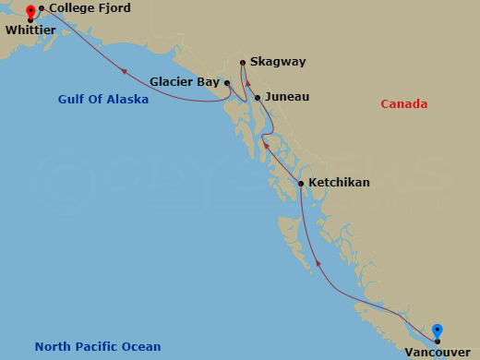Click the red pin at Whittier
(30, 12)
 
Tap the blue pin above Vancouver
(438, 330)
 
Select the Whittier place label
(30, 30)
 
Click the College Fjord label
(90, 8)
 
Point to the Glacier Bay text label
(184, 81)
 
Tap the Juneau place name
(286, 96)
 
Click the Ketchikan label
(340, 183)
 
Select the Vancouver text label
(438, 352)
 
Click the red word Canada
(404, 104)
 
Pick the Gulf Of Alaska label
(102, 99)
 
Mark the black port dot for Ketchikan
(301, 184)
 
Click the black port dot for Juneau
(258, 97)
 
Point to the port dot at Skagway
(243, 63)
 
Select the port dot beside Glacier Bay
(226, 82)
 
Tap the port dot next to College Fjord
(42, 8)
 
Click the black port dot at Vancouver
(438, 341)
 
